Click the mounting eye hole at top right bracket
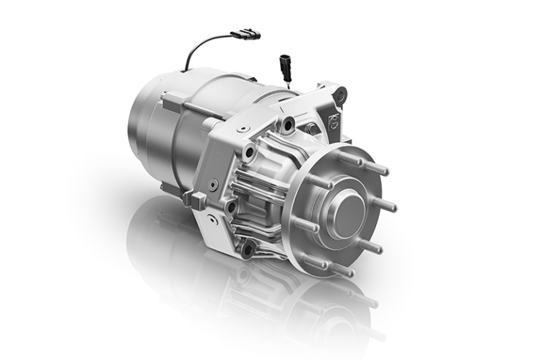click(x=340, y=94)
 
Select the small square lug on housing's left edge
click(x=189, y=197)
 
